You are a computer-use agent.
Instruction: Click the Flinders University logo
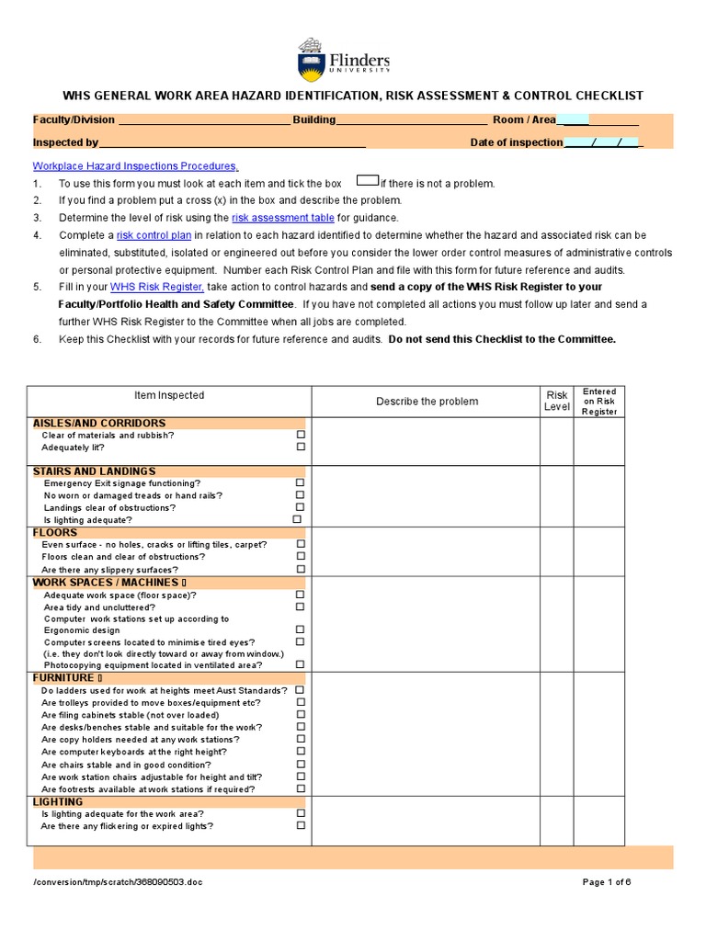343,60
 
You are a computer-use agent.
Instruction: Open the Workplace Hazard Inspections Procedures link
135,166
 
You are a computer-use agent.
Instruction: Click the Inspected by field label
65,142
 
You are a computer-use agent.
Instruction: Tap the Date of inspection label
516,142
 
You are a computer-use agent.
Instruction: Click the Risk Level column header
557,401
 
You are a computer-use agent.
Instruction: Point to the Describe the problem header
427,402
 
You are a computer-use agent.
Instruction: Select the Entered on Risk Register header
599,402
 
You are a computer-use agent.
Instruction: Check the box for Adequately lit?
301,447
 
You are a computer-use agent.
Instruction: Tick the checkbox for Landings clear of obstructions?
301,507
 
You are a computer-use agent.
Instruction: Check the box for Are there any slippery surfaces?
301,570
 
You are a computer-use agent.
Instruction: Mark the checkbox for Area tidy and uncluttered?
301,607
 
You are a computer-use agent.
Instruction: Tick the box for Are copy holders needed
301,739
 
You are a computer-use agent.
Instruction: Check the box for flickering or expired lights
301,825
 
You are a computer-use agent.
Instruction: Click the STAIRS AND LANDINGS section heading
94,471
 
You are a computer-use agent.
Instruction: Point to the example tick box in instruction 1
367,182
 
